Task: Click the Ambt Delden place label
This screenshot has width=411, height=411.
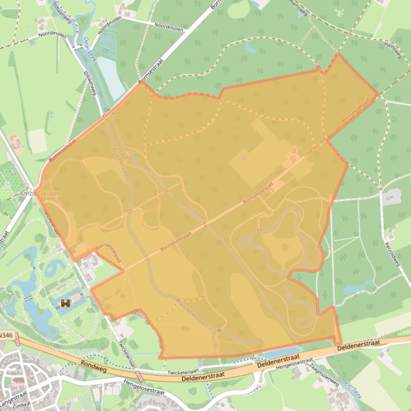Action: (x=39, y=193)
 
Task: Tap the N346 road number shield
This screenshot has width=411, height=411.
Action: (x=6, y=335)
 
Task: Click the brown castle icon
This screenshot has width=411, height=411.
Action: (x=66, y=304)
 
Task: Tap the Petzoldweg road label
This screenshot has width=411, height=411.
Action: (x=393, y=256)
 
